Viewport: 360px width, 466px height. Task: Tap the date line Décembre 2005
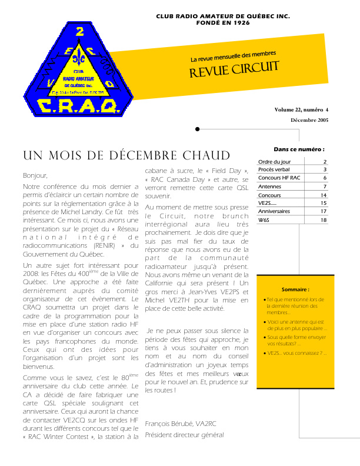[x=309, y=120]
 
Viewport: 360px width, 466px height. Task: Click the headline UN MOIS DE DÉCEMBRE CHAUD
[x=126, y=155]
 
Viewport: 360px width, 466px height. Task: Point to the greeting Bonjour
[x=35, y=175]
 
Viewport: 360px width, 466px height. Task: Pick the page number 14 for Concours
[x=324, y=195]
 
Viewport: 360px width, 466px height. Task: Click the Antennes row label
[x=269, y=187]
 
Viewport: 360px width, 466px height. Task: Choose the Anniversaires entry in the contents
[x=275, y=211]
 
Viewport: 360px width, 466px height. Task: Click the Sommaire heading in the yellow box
[x=295, y=289]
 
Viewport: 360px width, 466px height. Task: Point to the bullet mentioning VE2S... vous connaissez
[x=296, y=353]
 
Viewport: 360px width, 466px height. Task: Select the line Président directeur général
[x=184, y=435]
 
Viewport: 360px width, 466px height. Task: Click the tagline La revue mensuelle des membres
[x=233, y=57]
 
